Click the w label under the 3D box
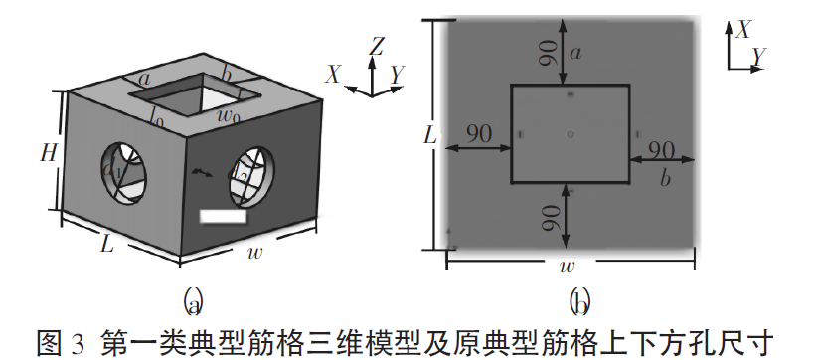257,252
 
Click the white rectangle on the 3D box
223,215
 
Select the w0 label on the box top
230,118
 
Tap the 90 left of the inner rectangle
479,135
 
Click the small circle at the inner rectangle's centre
570,134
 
